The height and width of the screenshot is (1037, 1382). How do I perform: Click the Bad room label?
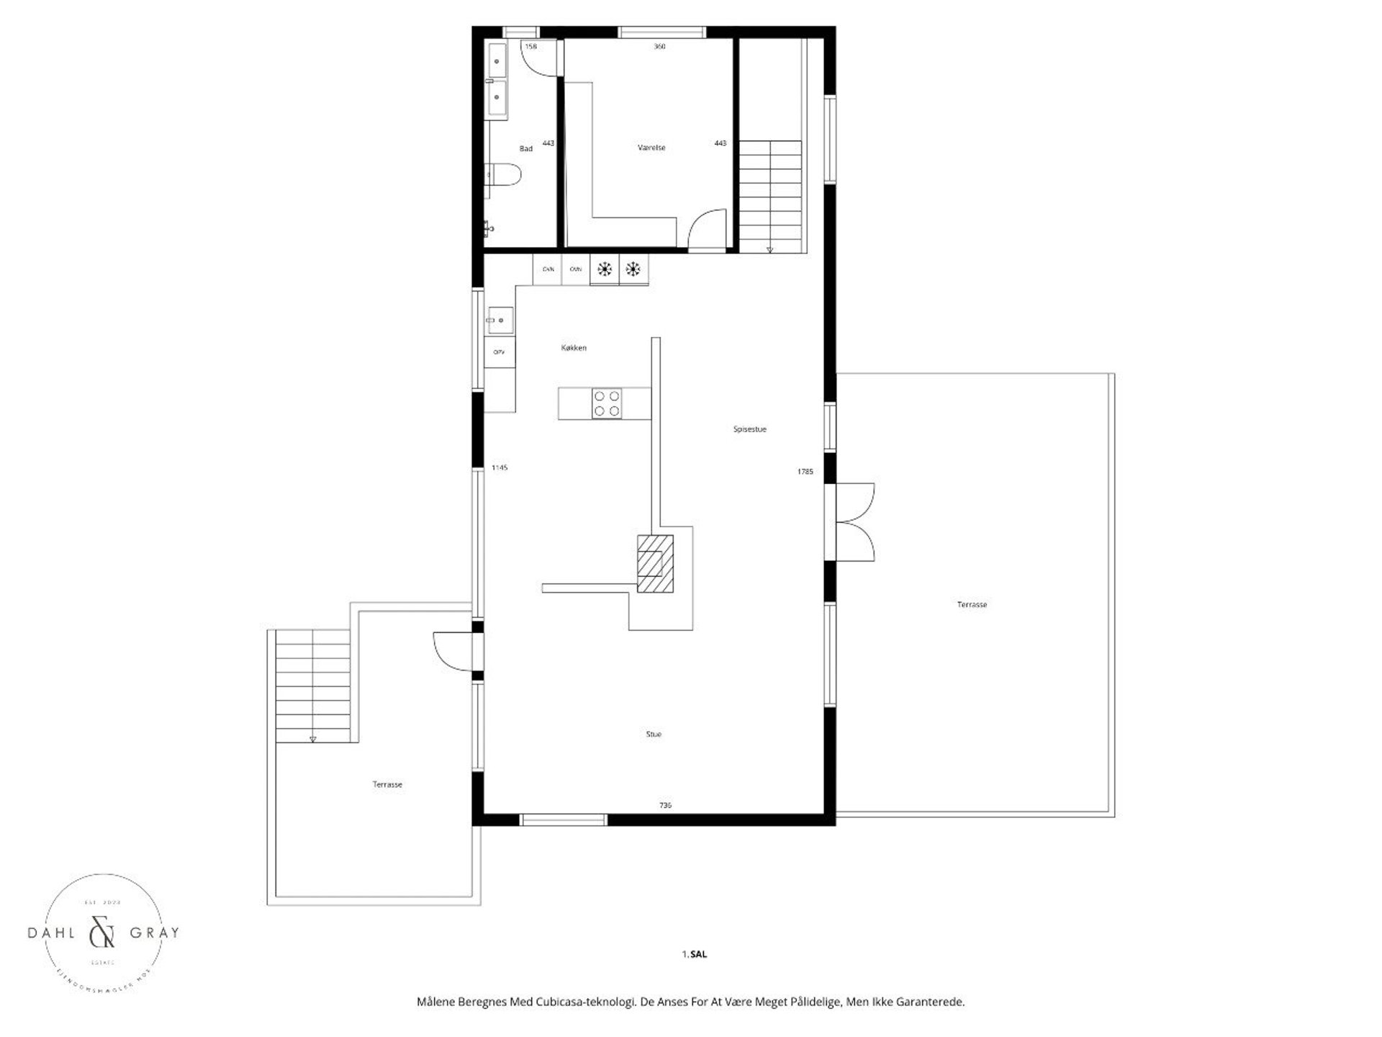pyautogui.click(x=526, y=148)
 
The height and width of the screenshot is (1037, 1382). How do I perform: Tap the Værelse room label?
pyautogui.click(x=651, y=148)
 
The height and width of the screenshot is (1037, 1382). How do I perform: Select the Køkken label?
pyautogui.click(x=574, y=348)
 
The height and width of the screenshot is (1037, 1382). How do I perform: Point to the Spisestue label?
pyautogui.click(x=749, y=429)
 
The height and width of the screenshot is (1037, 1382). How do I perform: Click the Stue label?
pyautogui.click(x=653, y=735)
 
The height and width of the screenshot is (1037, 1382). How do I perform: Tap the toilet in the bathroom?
pyautogui.click(x=503, y=175)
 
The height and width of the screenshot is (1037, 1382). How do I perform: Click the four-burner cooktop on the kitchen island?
pyautogui.click(x=606, y=403)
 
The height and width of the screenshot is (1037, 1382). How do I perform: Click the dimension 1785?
pyautogui.click(x=805, y=472)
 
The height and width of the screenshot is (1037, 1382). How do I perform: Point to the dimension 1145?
pyautogui.click(x=500, y=467)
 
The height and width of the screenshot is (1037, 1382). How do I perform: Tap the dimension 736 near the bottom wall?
pyautogui.click(x=665, y=805)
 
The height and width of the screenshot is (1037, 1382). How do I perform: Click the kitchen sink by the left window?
pyautogui.click(x=500, y=320)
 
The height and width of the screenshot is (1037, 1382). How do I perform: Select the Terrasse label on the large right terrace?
pyautogui.click(x=972, y=605)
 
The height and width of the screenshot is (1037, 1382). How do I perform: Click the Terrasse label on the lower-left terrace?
pyautogui.click(x=387, y=784)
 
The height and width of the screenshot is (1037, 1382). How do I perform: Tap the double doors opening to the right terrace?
pyautogui.click(x=855, y=521)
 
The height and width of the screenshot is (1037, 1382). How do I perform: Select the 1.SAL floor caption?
pyautogui.click(x=695, y=954)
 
